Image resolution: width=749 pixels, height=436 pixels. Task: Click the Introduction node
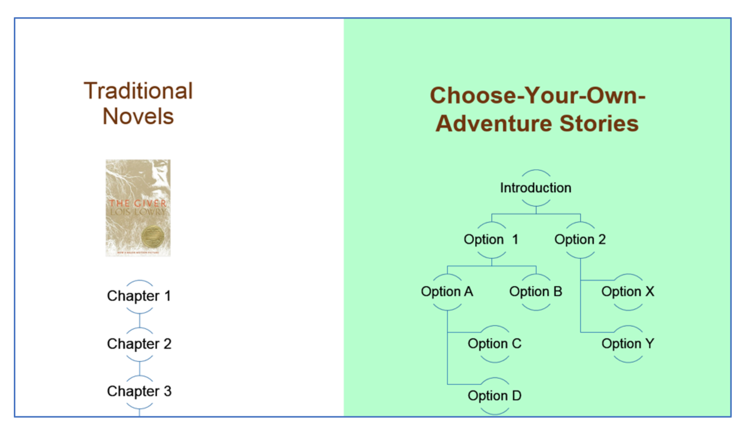(536, 188)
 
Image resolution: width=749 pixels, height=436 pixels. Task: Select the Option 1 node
(491, 239)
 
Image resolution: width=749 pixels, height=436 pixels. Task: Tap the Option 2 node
(580, 239)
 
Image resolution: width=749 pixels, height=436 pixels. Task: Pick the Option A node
(447, 292)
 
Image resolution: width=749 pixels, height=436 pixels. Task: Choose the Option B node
(536, 292)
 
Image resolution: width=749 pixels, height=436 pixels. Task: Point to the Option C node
(494, 344)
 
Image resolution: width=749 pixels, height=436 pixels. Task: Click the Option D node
(494, 396)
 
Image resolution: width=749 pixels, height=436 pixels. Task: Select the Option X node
(628, 292)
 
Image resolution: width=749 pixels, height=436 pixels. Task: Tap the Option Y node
(628, 344)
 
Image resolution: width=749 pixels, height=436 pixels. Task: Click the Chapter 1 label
(139, 296)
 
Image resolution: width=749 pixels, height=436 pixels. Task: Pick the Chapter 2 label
(139, 344)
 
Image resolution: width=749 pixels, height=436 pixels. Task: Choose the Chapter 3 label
(139, 391)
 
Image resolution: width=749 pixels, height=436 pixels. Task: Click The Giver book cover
(138, 208)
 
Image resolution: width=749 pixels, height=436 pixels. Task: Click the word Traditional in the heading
(138, 91)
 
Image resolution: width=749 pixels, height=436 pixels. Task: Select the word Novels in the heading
(138, 116)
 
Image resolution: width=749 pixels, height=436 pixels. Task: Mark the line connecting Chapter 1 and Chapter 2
(139, 320)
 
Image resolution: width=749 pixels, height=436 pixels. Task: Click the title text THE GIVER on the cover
(137, 203)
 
